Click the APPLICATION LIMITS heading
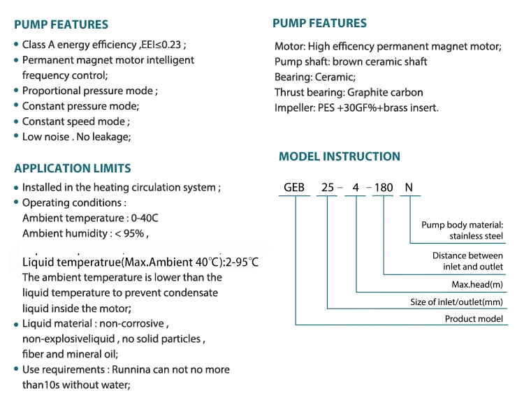[73, 168]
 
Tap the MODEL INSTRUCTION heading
[340, 156]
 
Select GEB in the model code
[294, 187]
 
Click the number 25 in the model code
[328, 187]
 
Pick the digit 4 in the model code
[356, 187]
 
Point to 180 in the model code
[384, 187]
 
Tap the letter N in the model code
[409, 187]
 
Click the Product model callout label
[474, 319]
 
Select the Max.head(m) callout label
[477, 285]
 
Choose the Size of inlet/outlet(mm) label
[456, 302]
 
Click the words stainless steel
[476, 236]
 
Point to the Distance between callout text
[467, 255]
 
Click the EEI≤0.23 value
[161, 45]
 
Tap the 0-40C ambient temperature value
[145, 218]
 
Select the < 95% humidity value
[130, 233]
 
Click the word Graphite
[363, 92]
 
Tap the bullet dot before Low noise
[16, 135]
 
